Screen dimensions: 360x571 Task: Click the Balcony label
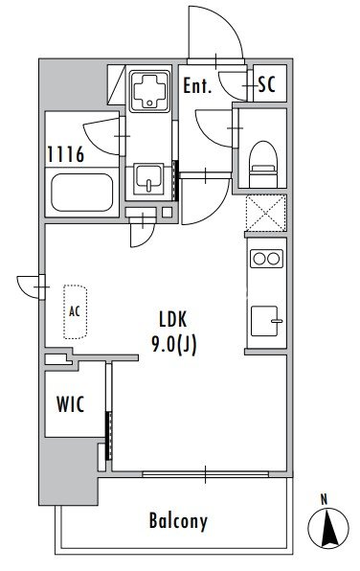(x=178, y=521)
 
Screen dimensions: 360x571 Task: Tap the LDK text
(x=173, y=319)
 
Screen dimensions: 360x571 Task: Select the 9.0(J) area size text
(x=174, y=345)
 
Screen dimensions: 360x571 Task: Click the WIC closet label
(x=70, y=404)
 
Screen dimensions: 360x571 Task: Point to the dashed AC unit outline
(x=75, y=311)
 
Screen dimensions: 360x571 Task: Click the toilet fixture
(x=264, y=164)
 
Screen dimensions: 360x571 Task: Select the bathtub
(x=82, y=193)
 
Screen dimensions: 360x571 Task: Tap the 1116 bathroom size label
(x=66, y=154)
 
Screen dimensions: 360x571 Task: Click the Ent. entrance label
(x=197, y=86)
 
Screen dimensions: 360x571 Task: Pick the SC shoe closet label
(x=267, y=84)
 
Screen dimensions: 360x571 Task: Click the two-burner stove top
(x=266, y=259)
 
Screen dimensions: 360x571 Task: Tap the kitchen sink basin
(x=264, y=321)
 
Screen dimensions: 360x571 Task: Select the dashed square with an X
(x=266, y=213)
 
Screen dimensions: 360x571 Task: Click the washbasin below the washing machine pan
(x=148, y=179)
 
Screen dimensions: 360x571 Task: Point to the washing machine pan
(x=149, y=89)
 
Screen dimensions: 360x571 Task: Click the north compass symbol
(x=328, y=528)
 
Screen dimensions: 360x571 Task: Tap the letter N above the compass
(x=324, y=499)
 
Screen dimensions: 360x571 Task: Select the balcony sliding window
(x=205, y=474)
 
